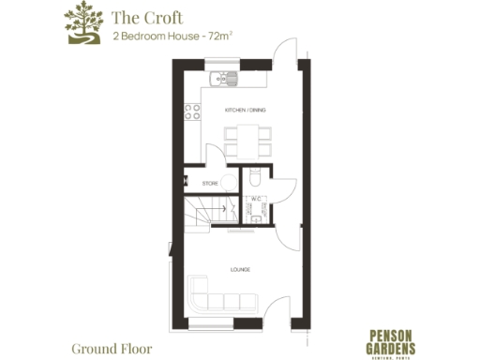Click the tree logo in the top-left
82,24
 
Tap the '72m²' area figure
217,37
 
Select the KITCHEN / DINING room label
246,111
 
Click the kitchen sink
219,77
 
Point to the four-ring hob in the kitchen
193,112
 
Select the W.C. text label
254,199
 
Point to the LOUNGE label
240,270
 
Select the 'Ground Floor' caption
111,349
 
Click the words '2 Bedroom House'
153,37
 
